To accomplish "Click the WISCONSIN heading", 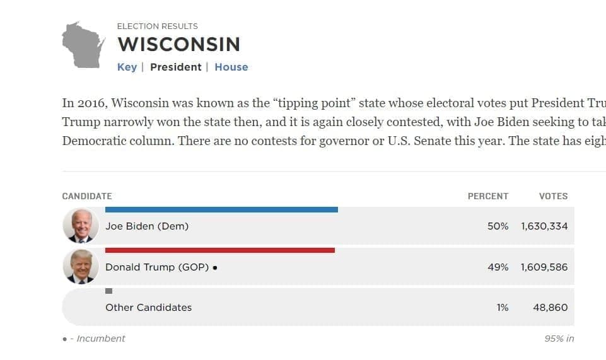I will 178,45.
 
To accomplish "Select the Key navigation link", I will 127,67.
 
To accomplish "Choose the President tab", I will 176,67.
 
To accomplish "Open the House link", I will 231,67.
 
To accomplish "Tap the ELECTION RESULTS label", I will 158,26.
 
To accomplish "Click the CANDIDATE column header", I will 87,196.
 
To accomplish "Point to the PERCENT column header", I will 487,196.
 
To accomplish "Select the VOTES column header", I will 553,196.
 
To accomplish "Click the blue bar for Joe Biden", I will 221,209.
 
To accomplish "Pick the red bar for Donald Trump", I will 220,250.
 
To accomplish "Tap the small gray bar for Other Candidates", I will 108,291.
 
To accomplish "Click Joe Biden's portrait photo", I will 81,226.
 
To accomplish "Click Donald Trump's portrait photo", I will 81,267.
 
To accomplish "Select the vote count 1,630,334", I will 544,226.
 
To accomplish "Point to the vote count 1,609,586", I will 544,267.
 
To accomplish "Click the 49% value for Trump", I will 498,267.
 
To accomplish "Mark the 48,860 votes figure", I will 550,308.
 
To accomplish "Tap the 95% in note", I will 559,339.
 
